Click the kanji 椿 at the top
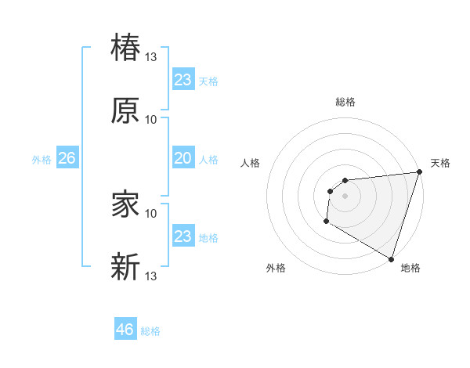pos(126,47)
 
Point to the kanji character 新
pos(126,267)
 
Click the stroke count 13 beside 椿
pos(151,56)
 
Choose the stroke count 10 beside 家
pos(151,213)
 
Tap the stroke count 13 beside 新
pos(151,276)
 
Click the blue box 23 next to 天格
pos(183,80)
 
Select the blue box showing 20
pos(183,159)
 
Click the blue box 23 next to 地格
pos(183,236)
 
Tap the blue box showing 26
pos(67,159)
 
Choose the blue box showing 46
pos(125,330)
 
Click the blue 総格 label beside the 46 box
pos(150,331)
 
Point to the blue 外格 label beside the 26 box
pos(42,160)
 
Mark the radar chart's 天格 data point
pos(419,173)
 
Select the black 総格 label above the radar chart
pos(345,102)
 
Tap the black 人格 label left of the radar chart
pos(251,163)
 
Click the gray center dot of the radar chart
pos(345,196)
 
